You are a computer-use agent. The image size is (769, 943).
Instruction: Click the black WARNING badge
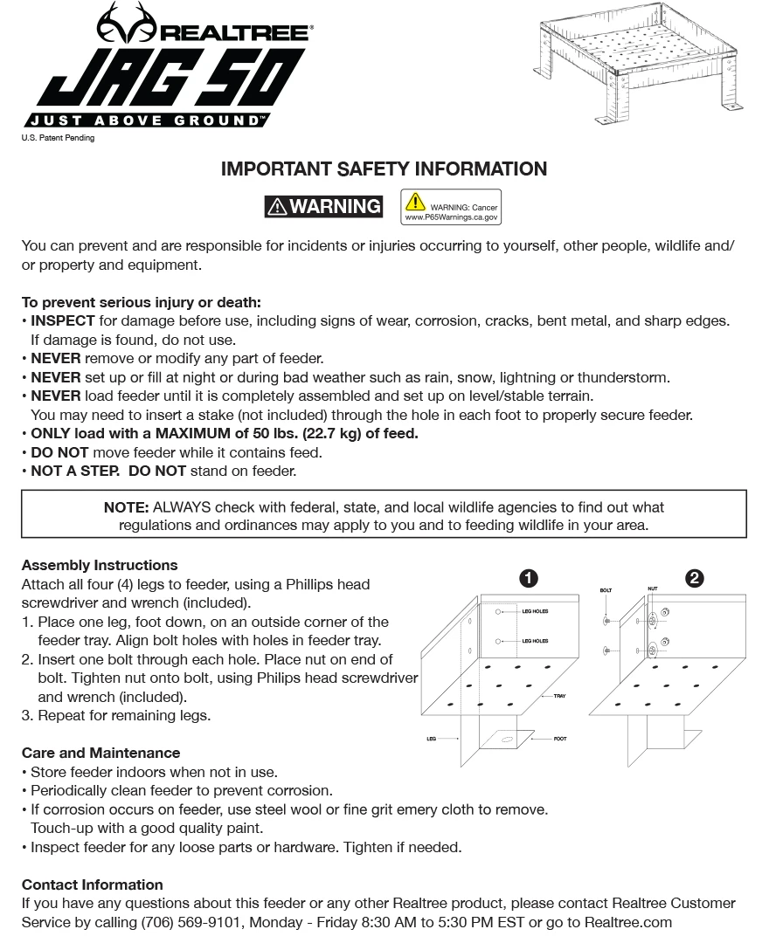pyautogui.click(x=323, y=206)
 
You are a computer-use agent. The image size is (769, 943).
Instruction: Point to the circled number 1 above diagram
pyautogui.click(x=528, y=578)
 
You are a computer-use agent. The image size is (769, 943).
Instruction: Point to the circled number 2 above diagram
pyautogui.click(x=695, y=578)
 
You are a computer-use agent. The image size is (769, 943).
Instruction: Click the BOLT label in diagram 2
pyautogui.click(x=606, y=591)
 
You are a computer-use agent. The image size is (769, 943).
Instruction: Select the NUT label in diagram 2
pyautogui.click(x=652, y=589)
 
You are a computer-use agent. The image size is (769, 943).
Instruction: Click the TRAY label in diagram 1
pyautogui.click(x=559, y=696)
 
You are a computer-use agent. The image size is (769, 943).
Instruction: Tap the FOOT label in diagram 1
pyautogui.click(x=560, y=739)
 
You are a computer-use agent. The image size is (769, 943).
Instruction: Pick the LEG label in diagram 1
pyautogui.click(x=431, y=739)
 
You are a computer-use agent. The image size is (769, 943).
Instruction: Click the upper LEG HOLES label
pyautogui.click(x=535, y=611)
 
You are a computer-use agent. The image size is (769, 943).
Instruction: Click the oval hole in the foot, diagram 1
pyautogui.click(x=508, y=740)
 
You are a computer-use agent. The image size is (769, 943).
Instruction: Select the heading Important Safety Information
pyautogui.click(x=384, y=169)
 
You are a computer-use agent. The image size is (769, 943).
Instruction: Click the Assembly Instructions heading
pyautogui.click(x=100, y=565)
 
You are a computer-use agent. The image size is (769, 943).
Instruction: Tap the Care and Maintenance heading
pyautogui.click(x=100, y=753)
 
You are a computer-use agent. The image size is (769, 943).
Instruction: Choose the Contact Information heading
pyautogui.click(x=92, y=884)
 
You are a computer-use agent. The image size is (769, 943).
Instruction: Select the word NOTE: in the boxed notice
pyautogui.click(x=127, y=507)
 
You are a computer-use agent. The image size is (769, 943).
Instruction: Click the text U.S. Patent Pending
pyautogui.click(x=58, y=138)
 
